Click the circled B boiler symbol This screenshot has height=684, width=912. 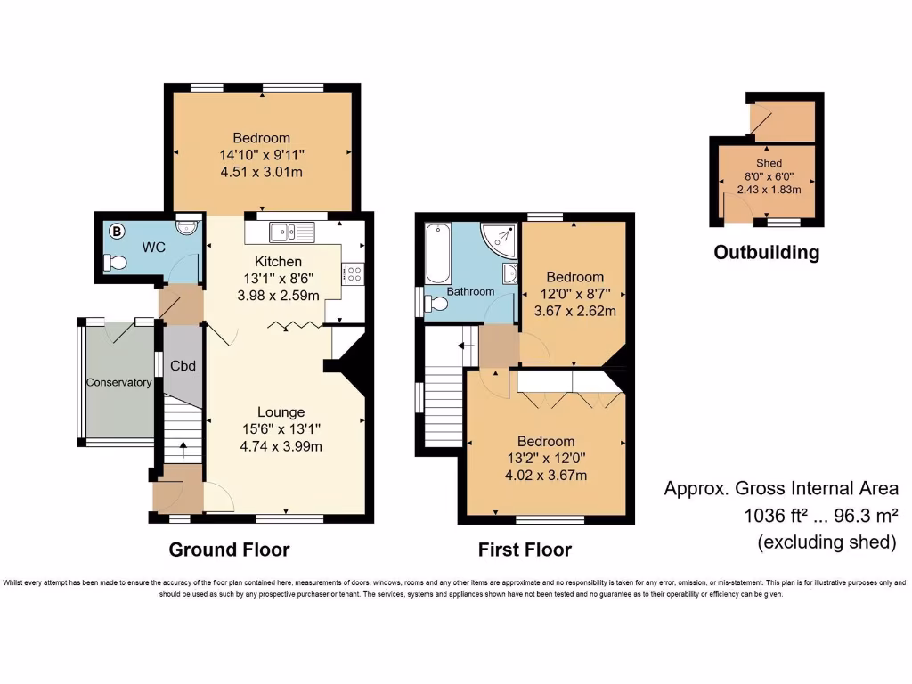(x=115, y=230)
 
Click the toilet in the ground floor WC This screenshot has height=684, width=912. (x=115, y=263)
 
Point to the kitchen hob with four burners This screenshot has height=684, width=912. (x=352, y=273)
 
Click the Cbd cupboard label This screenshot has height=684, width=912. (x=183, y=365)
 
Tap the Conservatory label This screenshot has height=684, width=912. (x=118, y=383)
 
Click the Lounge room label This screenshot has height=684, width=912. (x=281, y=412)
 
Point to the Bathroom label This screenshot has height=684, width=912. (x=470, y=291)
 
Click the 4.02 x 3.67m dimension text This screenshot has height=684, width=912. (x=547, y=475)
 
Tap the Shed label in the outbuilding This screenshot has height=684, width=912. (x=769, y=164)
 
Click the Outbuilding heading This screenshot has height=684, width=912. (x=766, y=253)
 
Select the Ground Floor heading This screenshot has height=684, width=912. (x=229, y=549)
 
